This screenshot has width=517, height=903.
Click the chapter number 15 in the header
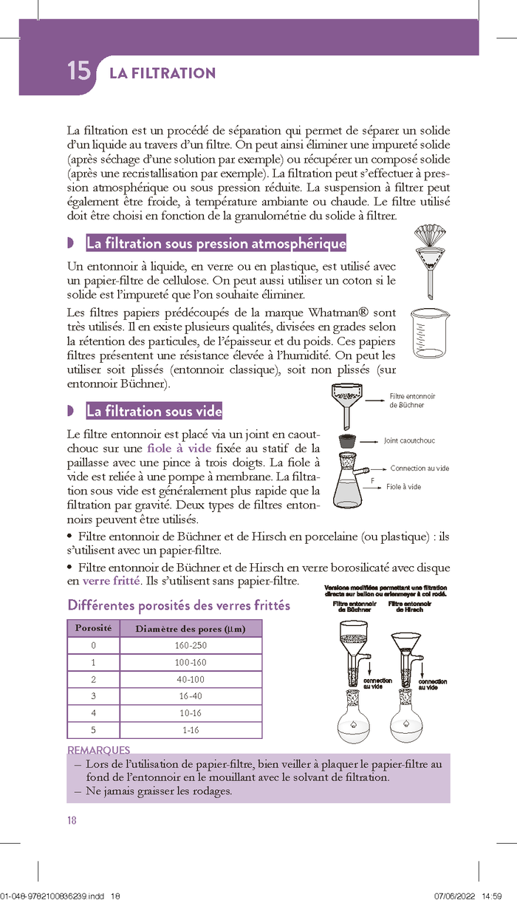click(x=78, y=72)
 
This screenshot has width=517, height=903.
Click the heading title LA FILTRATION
click(x=162, y=73)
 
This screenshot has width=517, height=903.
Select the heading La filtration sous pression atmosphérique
click(x=216, y=243)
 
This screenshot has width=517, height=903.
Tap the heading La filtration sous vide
click(x=154, y=411)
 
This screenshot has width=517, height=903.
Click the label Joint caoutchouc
click(x=409, y=440)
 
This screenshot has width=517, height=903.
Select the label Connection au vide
click(x=420, y=468)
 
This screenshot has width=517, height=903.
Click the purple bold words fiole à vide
click(x=179, y=449)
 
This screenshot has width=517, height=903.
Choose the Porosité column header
click(x=93, y=628)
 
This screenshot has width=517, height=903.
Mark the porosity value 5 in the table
click(x=93, y=730)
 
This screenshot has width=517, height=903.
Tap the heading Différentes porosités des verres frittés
click(x=179, y=605)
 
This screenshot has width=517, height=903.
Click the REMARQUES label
click(x=98, y=750)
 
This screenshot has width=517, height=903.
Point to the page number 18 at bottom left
click(x=72, y=820)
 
